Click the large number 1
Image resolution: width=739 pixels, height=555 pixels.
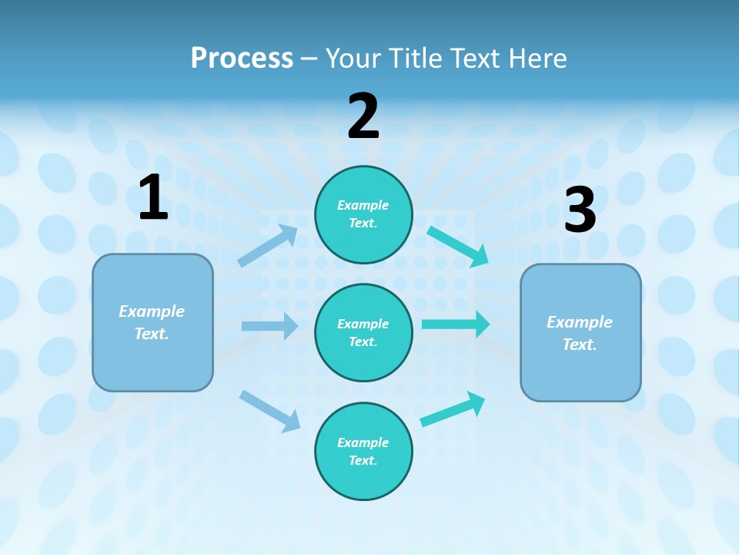point(153,198)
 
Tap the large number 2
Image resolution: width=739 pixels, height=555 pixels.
point(363,117)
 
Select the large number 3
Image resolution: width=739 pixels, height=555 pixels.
point(580,210)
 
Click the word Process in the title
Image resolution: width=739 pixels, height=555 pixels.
point(242,58)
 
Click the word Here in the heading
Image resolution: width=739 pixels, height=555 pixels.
point(538,58)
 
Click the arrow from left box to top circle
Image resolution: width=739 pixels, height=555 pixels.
point(268,246)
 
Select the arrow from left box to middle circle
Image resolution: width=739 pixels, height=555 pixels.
point(269,326)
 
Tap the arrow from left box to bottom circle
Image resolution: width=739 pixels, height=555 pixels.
point(270,411)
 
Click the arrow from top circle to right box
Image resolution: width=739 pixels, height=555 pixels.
point(458,246)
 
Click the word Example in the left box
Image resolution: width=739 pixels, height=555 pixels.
point(152,311)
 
